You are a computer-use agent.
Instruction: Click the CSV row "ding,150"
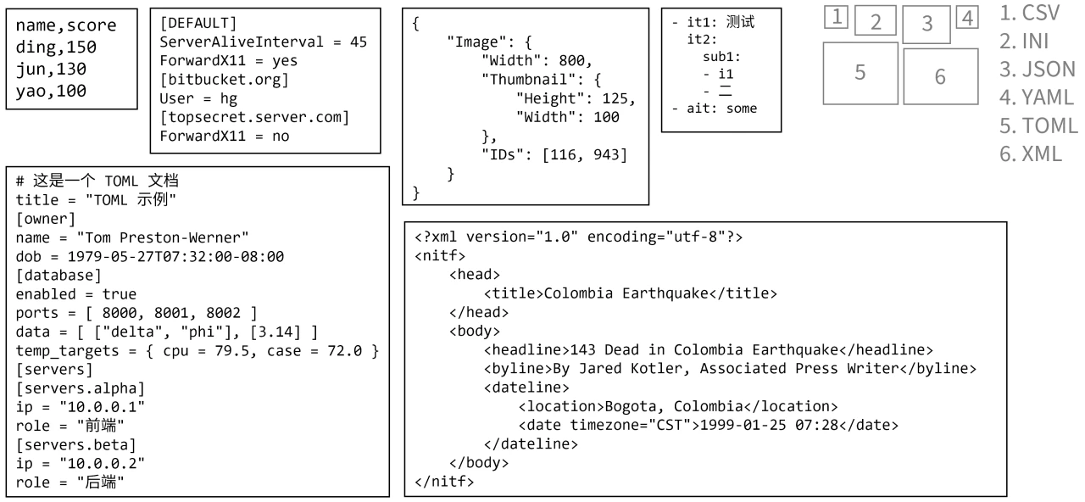point(52,48)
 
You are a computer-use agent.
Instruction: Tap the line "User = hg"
point(193,98)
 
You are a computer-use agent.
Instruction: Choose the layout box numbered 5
point(860,74)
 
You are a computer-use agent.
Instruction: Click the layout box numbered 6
point(938,76)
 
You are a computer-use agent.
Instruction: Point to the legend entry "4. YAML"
point(1037,97)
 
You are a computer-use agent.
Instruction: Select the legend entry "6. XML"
point(1031,154)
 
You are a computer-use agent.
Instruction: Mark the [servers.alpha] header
point(81,388)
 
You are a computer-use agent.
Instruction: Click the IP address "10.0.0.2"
point(106,465)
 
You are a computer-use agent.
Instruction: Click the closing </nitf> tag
point(444,482)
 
